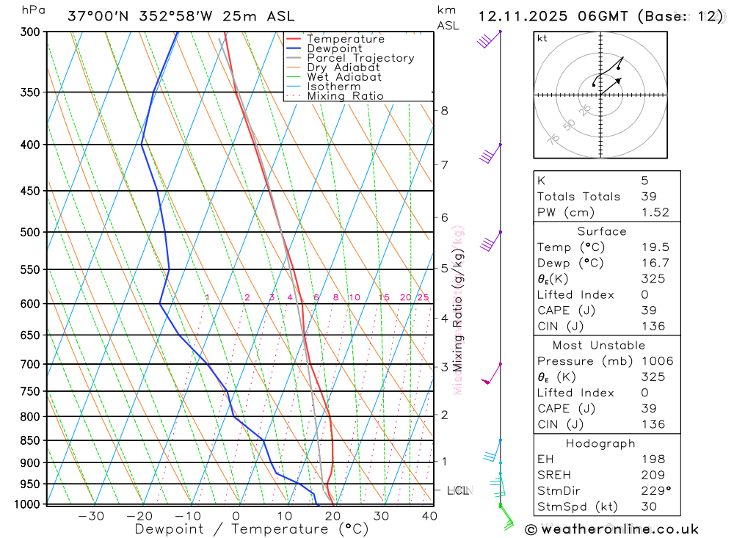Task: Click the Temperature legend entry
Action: coord(345,39)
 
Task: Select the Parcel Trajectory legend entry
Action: coord(360,58)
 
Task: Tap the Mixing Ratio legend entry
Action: coord(345,96)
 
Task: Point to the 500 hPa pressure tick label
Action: coord(30,232)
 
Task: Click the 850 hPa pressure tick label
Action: coord(30,440)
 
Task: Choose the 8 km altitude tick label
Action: coord(444,111)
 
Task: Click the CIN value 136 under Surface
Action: coord(653,327)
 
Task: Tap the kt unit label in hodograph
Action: coord(542,39)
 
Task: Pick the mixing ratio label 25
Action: coord(423,297)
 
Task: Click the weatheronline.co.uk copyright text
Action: coord(611,529)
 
